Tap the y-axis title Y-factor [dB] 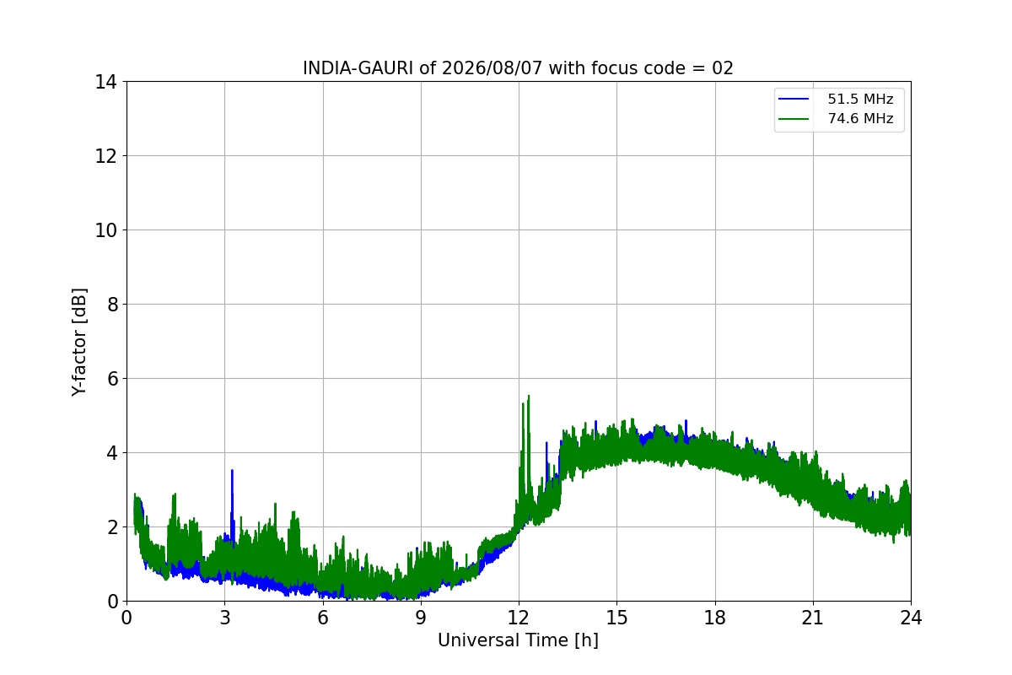(x=79, y=343)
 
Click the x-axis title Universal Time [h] (x=518, y=640)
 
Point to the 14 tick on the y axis (x=105, y=83)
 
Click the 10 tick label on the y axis (x=105, y=230)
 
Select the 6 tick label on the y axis (x=112, y=379)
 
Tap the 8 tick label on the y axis (x=112, y=305)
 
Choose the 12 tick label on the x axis (x=519, y=618)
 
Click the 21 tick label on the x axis (x=813, y=618)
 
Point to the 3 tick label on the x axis (x=225, y=618)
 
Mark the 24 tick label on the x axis (x=911, y=618)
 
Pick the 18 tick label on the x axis (x=715, y=618)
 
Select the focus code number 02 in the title (x=723, y=68)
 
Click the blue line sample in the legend (x=794, y=99)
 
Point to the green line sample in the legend (x=794, y=119)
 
